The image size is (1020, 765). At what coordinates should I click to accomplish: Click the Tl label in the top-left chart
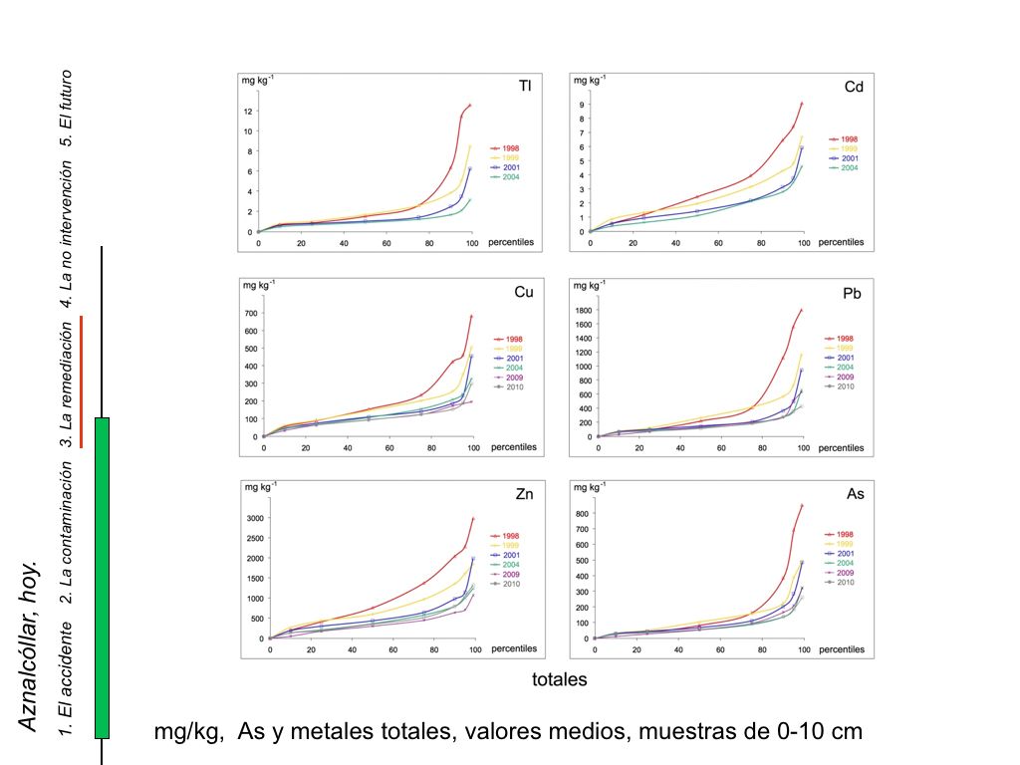point(524,88)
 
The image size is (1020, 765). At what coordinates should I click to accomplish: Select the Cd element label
point(853,88)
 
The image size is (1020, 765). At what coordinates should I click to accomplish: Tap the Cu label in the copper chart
point(523,293)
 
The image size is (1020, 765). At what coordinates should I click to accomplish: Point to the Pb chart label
point(853,293)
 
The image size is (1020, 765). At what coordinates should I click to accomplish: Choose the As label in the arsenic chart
point(853,495)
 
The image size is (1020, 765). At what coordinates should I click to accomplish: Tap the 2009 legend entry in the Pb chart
point(844,378)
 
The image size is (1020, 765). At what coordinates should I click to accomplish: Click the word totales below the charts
point(559,680)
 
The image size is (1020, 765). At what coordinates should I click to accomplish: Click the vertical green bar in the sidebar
point(102,578)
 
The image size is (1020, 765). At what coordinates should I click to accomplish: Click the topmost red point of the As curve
point(802,505)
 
